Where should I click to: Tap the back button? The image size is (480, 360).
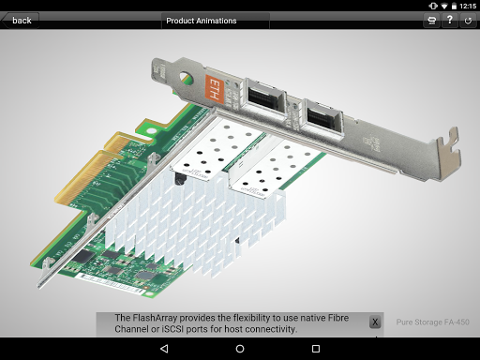(x=21, y=21)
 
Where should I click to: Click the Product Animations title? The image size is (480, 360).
(x=202, y=21)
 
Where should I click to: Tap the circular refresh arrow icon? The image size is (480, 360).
(x=468, y=21)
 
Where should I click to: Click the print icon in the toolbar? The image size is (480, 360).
(x=431, y=21)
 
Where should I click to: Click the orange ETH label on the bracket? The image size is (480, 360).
(x=215, y=89)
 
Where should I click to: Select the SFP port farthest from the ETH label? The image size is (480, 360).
(x=323, y=118)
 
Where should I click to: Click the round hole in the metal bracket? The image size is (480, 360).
(x=187, y=79)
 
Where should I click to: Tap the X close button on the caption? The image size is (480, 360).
(x=375, y=322)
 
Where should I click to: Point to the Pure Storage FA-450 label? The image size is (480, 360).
(x=432, y=322)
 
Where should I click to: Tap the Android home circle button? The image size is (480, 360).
(x=240, y=349)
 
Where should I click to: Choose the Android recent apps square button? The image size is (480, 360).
(x=316, y=349)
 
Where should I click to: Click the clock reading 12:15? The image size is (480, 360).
(x=468, y=6)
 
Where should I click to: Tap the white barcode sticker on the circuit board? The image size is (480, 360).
(x=110, y=283)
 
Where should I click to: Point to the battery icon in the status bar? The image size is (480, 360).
(x=454, y=6)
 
